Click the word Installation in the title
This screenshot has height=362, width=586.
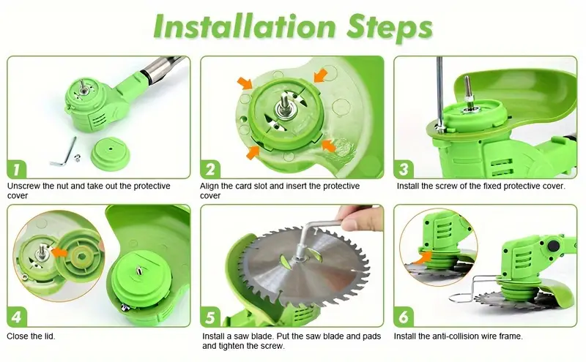click(x=245, y=26)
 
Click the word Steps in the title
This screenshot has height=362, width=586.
click(x=390, y=29)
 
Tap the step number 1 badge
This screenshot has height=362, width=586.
click(x=17, y=169)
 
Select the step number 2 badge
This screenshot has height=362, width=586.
click(x=210, y=169)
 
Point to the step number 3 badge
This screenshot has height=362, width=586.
click(x=404, y=169)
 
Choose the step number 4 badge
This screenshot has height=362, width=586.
click(x=17, y=317)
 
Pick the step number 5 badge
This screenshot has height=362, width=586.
click(x=210, y=317)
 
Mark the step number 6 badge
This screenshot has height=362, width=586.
click(x=404, y=317)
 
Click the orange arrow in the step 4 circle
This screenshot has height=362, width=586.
click(x=59, y=252)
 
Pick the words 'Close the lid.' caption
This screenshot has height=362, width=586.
click(x=31, y=336)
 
